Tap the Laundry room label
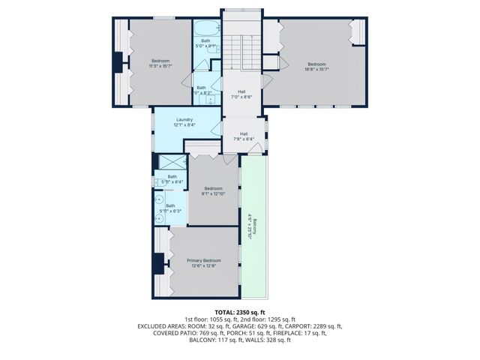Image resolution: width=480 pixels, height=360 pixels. (185, 120)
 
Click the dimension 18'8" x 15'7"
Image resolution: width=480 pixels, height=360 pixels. (316, 69)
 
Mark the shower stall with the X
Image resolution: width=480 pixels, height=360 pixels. (172, 162)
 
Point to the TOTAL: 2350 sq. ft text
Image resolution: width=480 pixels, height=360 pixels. (240, 312)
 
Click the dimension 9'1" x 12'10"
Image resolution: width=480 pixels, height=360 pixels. (214, 193)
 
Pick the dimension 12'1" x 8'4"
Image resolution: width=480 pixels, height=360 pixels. (185, 125)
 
